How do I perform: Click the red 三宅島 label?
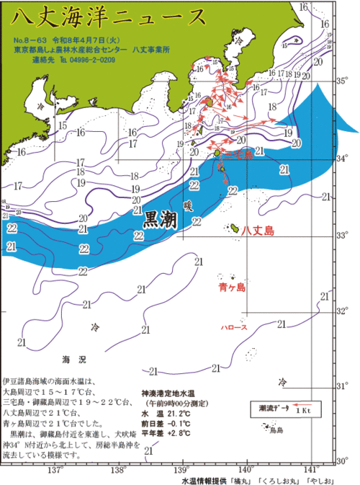click(238, 155)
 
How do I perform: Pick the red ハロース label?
click(233, 328)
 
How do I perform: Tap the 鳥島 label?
click(276, 430)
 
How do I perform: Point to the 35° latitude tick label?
click(343, 81)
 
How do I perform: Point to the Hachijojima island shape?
click(233, 228)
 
